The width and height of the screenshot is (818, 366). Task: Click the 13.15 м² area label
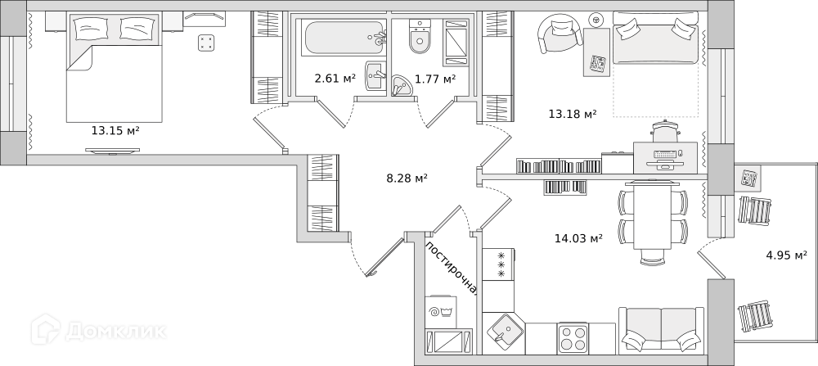(115, 130)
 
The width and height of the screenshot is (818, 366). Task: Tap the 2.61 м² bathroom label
(335, 79)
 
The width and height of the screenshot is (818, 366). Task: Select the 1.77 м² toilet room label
(434, 79)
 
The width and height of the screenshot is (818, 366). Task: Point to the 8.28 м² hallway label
(407, 178)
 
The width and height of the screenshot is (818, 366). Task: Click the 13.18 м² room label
(572, 114)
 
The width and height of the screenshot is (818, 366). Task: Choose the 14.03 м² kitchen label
(578, 238)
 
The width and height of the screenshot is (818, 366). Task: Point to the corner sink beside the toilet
(402, 85)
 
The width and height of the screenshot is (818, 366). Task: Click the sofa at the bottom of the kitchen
(661, 331)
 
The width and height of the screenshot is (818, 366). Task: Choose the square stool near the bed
(207, 43)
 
